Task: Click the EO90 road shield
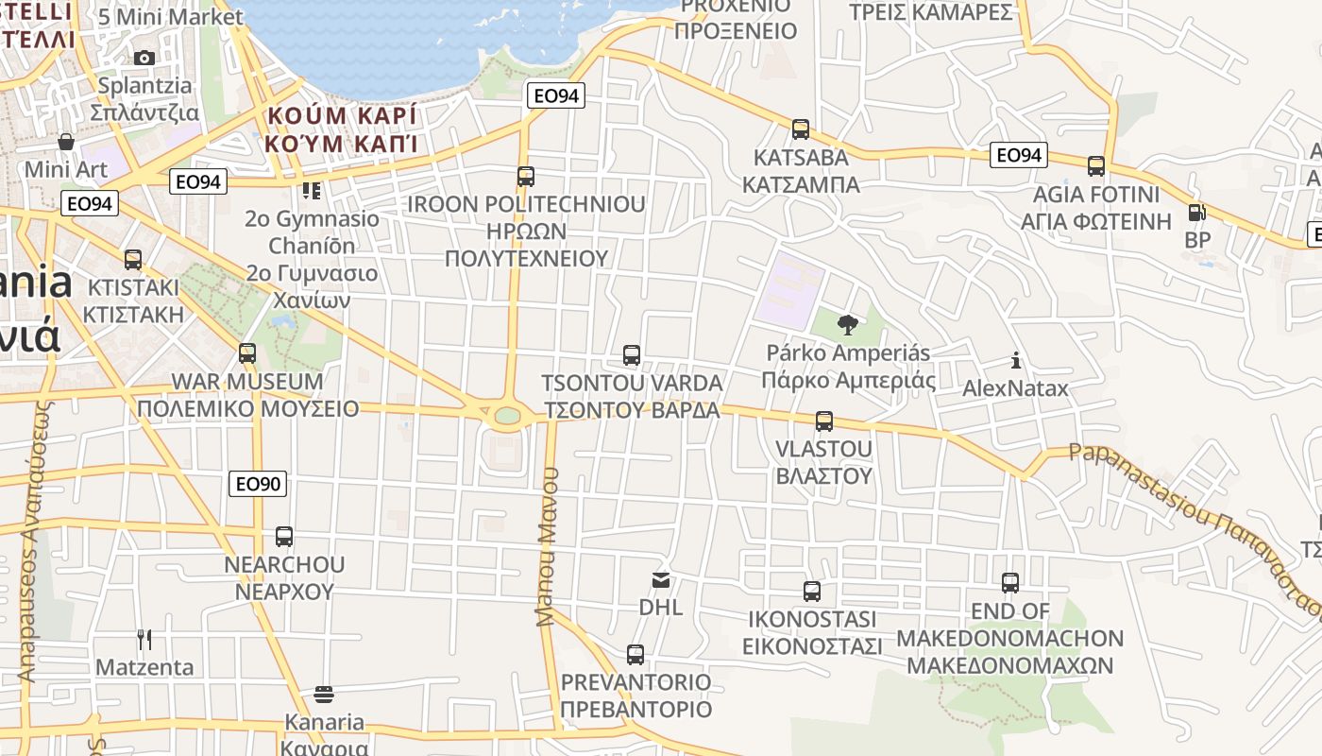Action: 258,484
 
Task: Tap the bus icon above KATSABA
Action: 801,129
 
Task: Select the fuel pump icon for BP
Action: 1196,213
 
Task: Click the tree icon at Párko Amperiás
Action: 847,326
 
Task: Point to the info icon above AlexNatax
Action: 1016,360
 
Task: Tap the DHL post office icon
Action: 661,579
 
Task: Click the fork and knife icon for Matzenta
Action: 144,640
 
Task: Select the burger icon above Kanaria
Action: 324,696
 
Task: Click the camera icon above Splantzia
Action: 144,58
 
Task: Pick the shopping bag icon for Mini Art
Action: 66,142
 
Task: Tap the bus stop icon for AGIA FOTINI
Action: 1096,167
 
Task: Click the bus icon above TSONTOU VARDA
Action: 632,355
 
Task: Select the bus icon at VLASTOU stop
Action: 824,421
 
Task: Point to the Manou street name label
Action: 548,546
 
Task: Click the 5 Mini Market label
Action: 170,17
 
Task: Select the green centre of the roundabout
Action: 507,415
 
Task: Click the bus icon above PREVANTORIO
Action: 636,654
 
